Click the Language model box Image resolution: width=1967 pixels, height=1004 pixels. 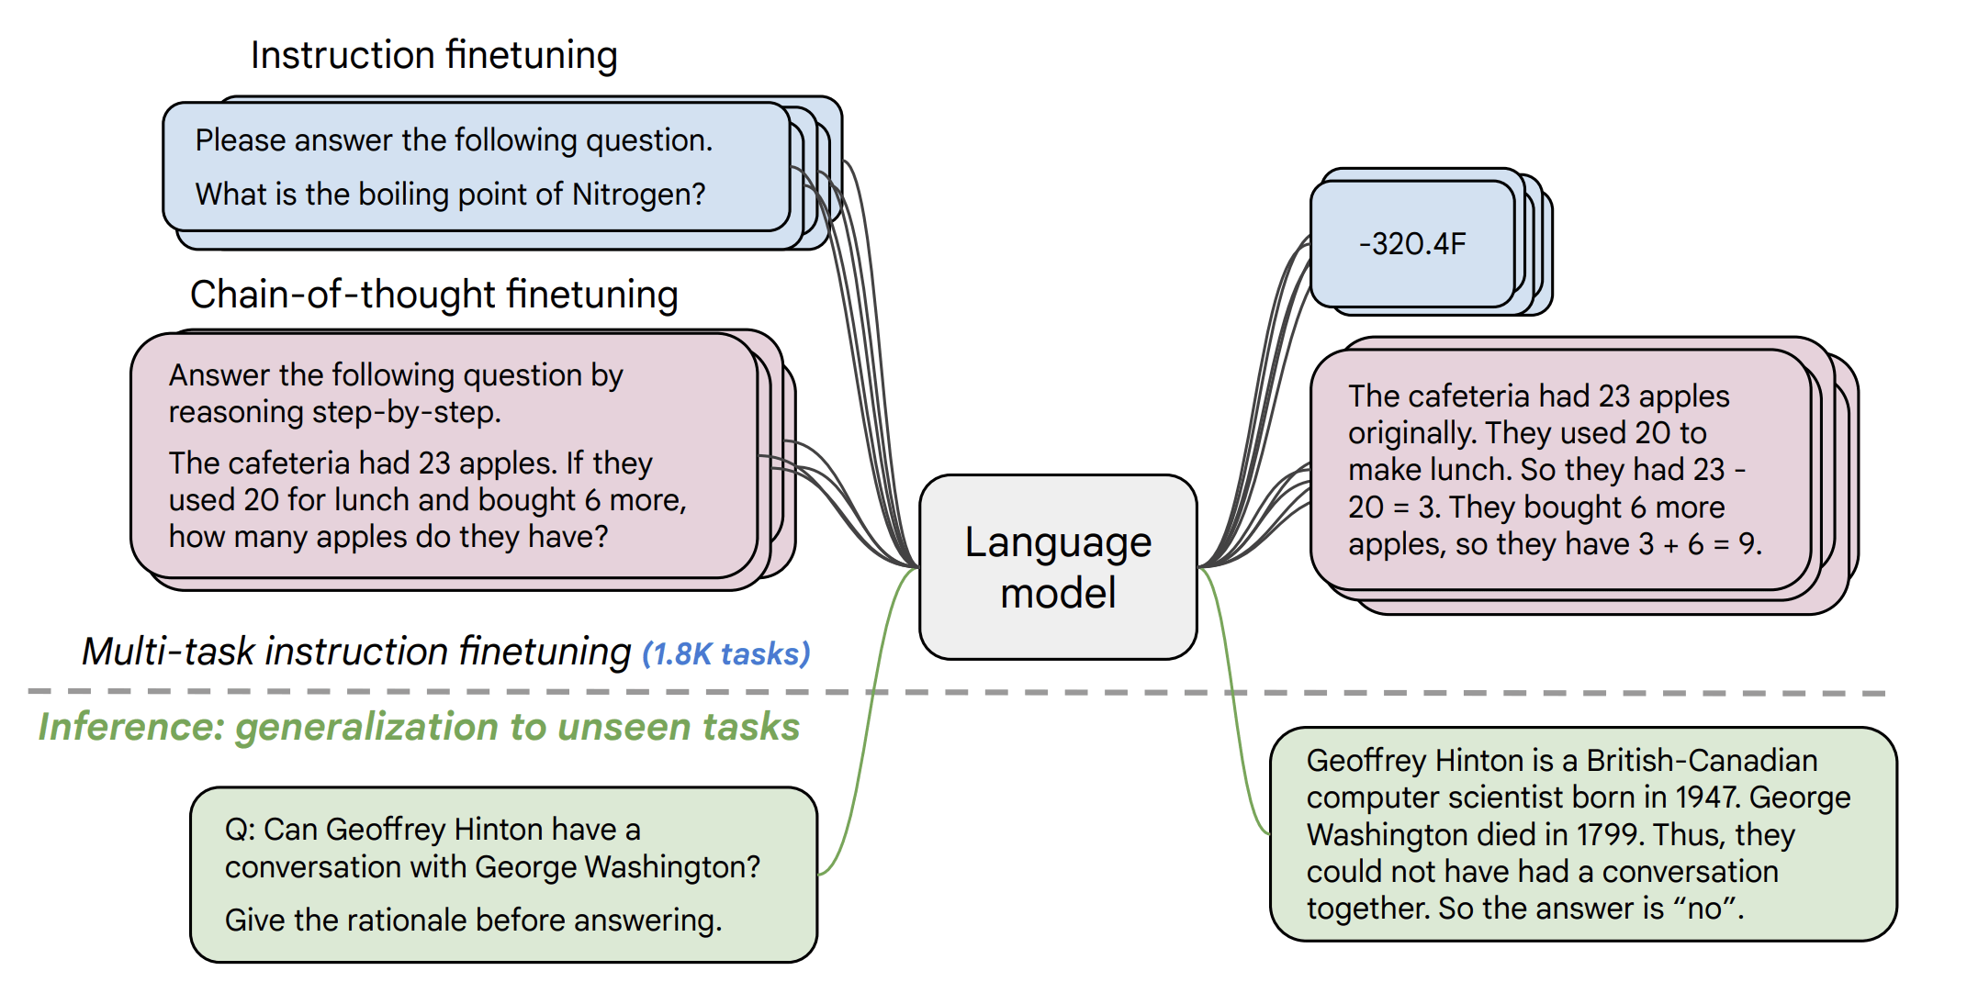pos(1058,567)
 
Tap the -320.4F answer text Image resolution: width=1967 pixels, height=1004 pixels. pos(1412,244)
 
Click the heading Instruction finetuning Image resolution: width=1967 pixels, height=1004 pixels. pos(433,55)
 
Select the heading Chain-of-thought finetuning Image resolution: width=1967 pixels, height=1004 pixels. pos(433,295)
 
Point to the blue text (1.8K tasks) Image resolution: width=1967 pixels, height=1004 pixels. pos(725,654)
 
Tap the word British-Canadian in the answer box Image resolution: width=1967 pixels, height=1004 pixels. pos(1702,761)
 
